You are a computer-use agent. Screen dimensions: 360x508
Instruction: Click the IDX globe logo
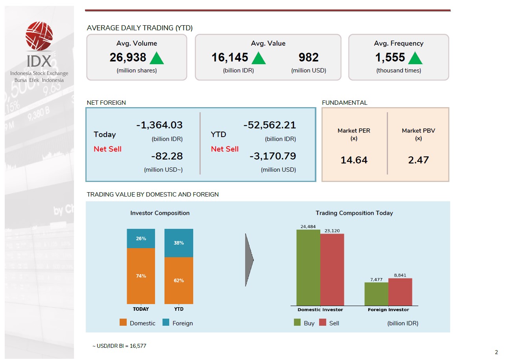(39, 37)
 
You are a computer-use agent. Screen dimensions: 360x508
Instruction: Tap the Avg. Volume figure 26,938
(128, 58)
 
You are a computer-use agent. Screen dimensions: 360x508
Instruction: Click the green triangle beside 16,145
(259, 58)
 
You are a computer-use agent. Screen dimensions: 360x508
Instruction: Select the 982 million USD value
(308, 58)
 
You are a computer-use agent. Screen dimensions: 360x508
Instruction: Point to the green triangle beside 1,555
(415, 58)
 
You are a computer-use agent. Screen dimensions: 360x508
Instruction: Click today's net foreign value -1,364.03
(159, 125)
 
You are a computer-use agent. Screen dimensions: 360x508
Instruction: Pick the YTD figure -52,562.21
(270, 125)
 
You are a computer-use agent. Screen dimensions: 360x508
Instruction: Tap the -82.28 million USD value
(167, 156)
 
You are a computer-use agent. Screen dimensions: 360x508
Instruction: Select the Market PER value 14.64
(354, 160)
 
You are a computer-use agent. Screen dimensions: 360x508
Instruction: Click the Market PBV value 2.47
(418, 160)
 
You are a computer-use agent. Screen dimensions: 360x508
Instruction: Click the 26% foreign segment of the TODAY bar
(141, 239)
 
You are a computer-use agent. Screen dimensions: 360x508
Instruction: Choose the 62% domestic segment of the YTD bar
(179, 280)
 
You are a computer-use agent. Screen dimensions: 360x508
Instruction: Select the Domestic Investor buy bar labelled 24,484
(308, 267)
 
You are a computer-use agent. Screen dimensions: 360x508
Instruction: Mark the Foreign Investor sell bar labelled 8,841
(400, 292)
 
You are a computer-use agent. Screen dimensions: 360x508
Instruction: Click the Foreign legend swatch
(166, 323)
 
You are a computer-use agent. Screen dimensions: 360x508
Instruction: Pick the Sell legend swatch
(323, 323)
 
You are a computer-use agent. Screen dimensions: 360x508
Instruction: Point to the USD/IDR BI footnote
(119, 346)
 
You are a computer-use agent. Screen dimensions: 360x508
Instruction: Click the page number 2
(496, 352)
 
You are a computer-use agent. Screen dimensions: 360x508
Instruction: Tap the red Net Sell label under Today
(107, 149)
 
